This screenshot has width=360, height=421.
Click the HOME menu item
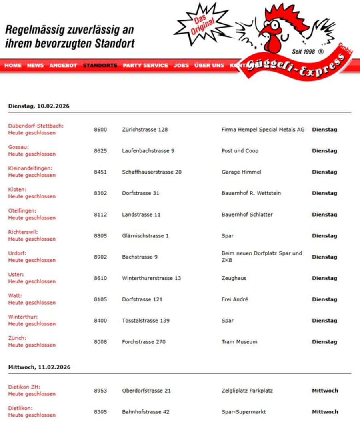pyautogui.click(x=13, y=66)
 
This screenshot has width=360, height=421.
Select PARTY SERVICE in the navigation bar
pyautogui.click(x=145, y=66)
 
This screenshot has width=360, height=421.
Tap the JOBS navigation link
pyautogui.click(x=181, y=66)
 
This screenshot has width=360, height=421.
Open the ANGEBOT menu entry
pyautogui.click(x=63, y=66)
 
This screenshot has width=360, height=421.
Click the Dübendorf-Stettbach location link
pyautogui.click(x=36, y=126)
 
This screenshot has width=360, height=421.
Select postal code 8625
pyautogui.click(x=100, y=151)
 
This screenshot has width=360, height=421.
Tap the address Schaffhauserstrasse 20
pyautogui.click(x=152, y=172)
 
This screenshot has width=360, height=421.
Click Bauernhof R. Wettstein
pyautogui.click(x=251, y=193)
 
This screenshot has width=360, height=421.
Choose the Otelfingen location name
pyautogui.click(x=22, y=210)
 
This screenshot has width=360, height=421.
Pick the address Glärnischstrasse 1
pyautogui.click(x=145, y=236)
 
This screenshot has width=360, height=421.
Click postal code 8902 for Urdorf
pyautogui.click(x=100, y=257)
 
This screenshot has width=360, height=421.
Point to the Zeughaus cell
pyautogui.click(x=234, y=278)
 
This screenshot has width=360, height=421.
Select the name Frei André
pyautogui.click(x=235, y=299)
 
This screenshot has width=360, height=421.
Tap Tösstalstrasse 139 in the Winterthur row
pyautogui.click(x=146, y=321)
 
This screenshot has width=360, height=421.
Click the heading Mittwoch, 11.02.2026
pyautogui.click(x=39, y=367)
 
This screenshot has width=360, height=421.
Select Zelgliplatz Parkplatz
pyautogui.click(x=247, y=391)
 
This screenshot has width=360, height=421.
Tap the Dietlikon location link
pyautogui.click(x=20, y=408)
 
